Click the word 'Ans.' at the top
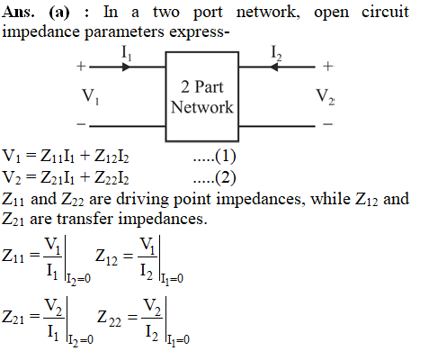click(18, 13)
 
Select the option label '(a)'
click(58, 13)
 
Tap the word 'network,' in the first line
click(268, 13)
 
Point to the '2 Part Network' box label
click(202, 97)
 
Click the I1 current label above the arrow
click(126, 53)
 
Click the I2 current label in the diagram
click(276, 53)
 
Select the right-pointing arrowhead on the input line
click(127, 67)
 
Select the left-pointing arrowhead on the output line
click(273, 67)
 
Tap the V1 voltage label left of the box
click(91, 96)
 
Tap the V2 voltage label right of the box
click(326, 96)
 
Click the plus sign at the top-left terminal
click(81, 66)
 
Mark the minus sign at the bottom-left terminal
click(81, 124)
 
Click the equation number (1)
click(225, 156)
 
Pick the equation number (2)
click(225, 177)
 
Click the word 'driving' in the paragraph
click(142, 200)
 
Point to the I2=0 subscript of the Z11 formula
click(78, 280)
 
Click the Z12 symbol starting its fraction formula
click(106, 257)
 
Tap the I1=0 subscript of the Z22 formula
click(178, 340)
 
